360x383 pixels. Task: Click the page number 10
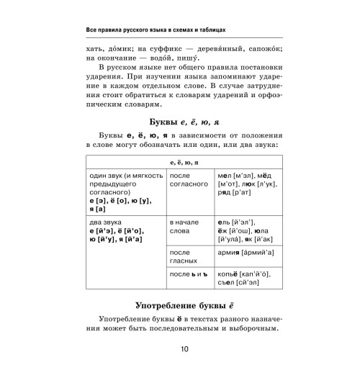click(180, 369)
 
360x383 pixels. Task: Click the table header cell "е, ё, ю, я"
click(180, 163)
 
